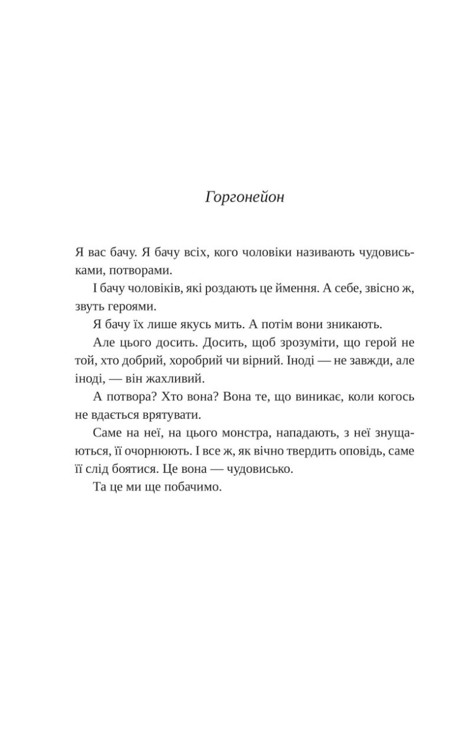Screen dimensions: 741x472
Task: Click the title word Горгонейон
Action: (245, 197)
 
